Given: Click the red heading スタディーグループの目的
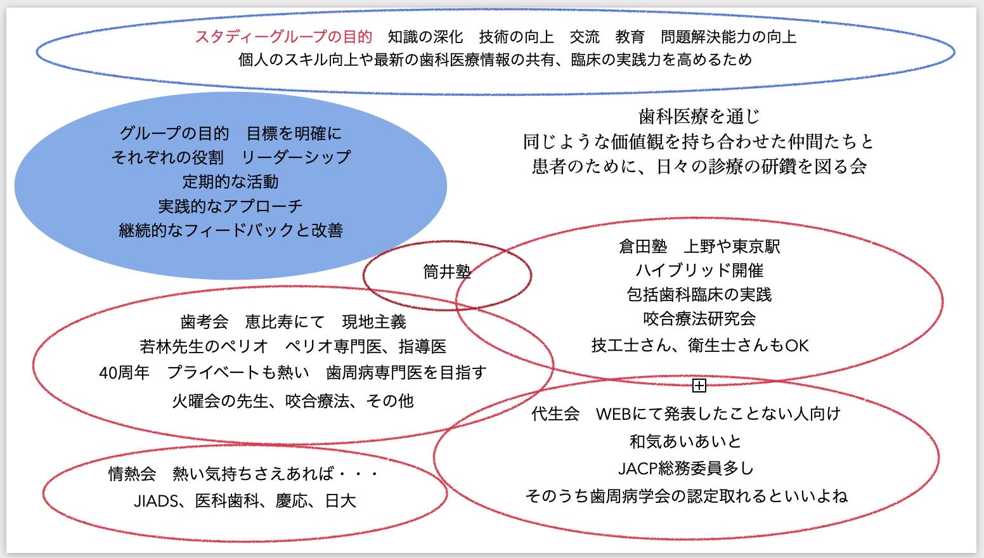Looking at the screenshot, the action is coord(283,37).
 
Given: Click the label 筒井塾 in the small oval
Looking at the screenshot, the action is coord(447,272).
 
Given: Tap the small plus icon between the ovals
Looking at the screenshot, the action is coord(699,386).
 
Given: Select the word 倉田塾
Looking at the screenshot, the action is coord(643,247).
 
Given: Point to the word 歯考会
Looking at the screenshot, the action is coord(204,322).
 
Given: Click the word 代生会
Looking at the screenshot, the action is coord(555,414).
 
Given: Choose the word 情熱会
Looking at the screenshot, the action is coord(133,474).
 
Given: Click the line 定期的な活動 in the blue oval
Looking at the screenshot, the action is coord(230,182).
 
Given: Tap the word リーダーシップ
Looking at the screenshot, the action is coord(295,157).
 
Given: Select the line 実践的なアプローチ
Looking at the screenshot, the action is coord(230,206).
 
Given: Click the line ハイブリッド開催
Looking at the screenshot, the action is coord(699,271).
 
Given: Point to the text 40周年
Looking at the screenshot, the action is coord(124,373).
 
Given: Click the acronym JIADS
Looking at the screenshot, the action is coord(156,502).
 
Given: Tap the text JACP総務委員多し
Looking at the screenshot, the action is coord(686,469).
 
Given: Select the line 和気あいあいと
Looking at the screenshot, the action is coord(686,441).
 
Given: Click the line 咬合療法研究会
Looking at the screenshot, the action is coord(699,319).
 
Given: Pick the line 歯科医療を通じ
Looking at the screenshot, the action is coord(699,117).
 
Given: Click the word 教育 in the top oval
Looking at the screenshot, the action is coord(630,37).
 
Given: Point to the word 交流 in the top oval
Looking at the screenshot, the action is coord(585,37).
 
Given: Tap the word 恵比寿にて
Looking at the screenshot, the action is coord(285,322).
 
